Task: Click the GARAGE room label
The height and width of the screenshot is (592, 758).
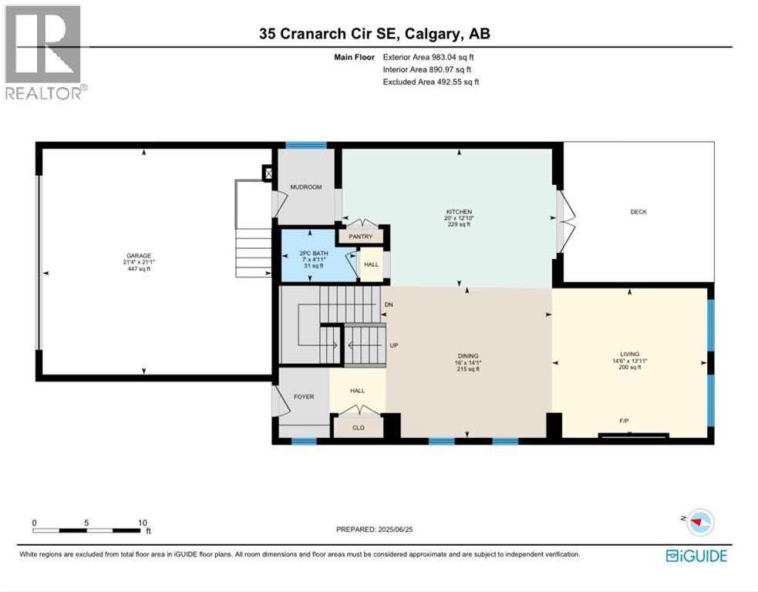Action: point(139,256)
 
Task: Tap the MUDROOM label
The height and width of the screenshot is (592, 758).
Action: point(306,187)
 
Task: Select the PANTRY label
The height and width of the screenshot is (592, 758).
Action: point(361,237)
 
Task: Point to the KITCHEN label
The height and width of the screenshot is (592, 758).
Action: point(459,212)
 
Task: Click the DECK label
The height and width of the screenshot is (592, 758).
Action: point(638,212)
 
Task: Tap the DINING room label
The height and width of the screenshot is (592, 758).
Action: point(468,356)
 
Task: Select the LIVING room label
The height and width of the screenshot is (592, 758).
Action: point(630,355)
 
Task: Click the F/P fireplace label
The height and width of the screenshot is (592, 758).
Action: point(624,421)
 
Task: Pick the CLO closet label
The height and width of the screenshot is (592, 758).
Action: point(359,428)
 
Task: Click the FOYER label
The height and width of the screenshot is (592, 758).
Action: point(304,397)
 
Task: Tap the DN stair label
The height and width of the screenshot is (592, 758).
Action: point(389,305)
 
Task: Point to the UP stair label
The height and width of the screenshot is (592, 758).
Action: point(394,345)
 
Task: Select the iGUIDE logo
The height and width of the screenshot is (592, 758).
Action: point(696,556)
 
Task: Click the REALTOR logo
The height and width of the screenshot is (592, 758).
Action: point(46,52)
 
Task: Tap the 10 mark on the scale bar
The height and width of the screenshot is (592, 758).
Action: point(142,523)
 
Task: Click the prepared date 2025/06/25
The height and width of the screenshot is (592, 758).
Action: point(395,529)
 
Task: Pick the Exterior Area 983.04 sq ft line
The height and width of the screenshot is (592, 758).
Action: point(428,57)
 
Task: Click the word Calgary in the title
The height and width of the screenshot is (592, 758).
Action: point(432,34)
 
